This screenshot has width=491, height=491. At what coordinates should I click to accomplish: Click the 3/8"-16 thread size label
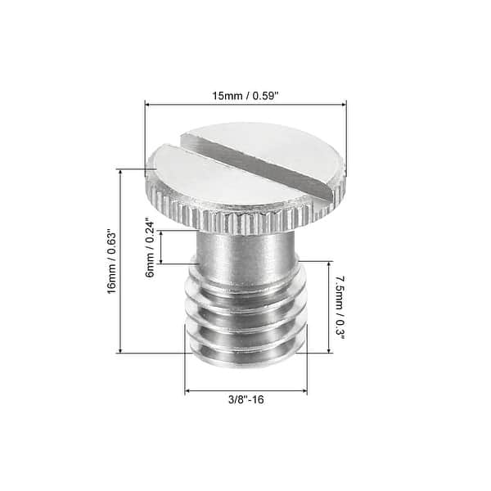245,400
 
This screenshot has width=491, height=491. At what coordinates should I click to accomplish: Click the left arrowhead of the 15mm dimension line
148,104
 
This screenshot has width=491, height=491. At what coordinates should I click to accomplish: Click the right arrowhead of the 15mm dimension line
344,104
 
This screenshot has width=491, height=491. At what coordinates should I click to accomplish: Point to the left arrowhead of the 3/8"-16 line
187,391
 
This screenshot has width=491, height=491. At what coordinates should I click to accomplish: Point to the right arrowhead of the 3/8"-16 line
304,391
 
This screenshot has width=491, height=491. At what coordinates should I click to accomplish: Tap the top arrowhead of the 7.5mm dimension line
330,264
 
